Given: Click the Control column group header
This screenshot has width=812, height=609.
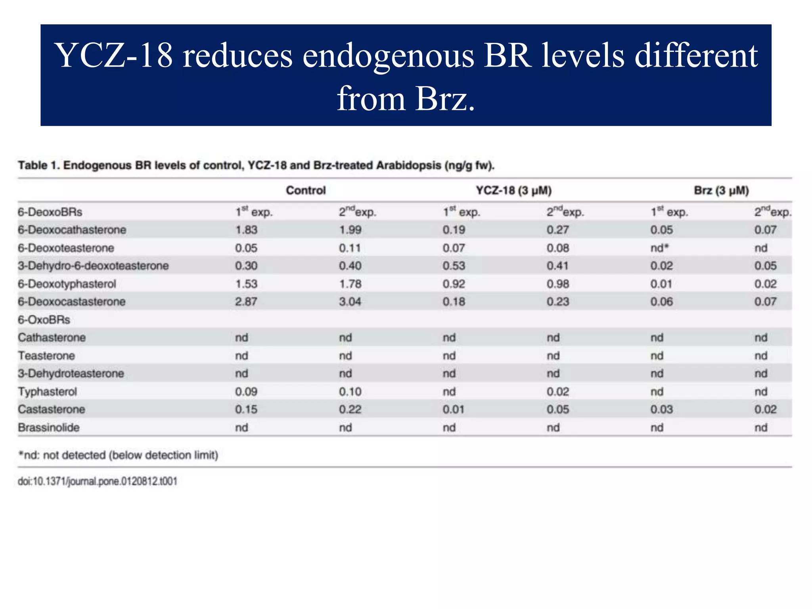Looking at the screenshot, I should coord(306,190).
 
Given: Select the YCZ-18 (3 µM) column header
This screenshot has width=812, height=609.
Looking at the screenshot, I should coord(513,190).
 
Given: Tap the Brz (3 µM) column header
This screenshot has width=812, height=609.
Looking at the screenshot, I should coord(721,190).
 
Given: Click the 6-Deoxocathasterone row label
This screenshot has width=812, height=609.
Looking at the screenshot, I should coord(72,230).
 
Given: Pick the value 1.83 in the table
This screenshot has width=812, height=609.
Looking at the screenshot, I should coord(246,230).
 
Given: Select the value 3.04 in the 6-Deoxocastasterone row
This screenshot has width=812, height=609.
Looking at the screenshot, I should coord(350,302).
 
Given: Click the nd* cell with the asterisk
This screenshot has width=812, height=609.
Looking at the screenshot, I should coord(659,248).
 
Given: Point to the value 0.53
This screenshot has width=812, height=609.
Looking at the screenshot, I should coord(454,266).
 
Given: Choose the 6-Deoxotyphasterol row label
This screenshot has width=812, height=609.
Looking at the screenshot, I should coord(67,284).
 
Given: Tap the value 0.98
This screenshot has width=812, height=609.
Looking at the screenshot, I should coord(557,284).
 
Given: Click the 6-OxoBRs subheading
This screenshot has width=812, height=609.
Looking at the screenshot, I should coord(44,320).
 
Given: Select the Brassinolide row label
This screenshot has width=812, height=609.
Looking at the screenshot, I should coord(48,427).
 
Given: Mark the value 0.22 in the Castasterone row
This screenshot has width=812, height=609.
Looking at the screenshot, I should coord(350,409).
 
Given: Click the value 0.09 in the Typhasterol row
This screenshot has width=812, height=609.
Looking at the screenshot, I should coord(246,392).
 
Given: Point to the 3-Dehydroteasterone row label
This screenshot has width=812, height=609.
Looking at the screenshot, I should coord(71,373).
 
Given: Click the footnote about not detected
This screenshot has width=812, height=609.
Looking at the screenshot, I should coord(118,455).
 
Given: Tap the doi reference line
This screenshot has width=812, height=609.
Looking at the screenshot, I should coord(97,481).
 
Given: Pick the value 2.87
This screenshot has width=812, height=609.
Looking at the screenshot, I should coord(246,302).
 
